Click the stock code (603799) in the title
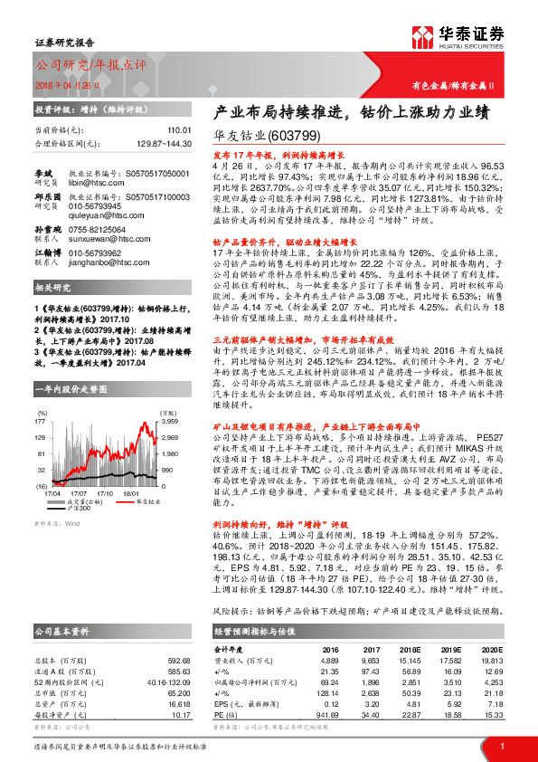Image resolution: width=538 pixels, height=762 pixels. pos(293,138)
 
